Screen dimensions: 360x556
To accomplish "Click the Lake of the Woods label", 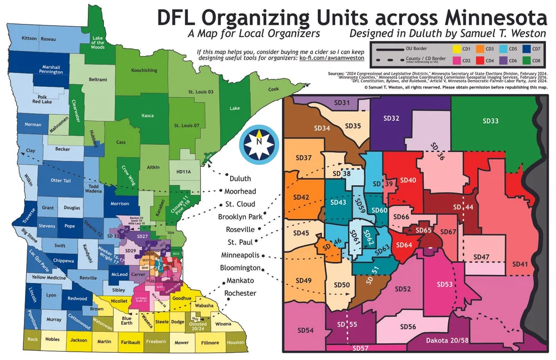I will (x=98, y=42).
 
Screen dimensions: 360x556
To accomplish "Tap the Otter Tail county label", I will (x=59, y=180).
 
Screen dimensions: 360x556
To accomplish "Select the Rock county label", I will (x=33, y=339).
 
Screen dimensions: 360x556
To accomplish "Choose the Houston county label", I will (x=235, y=342).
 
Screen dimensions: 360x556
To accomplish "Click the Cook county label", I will (x=274, y=89).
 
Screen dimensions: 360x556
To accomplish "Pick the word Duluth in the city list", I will (x=240, y=179).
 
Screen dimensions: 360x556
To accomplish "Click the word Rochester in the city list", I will (x=240, y=293).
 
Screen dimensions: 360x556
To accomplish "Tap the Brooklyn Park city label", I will (x=240, y=216).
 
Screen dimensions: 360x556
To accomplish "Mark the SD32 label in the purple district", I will (x=392, y=119).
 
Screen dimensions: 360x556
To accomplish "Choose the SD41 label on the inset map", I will (x=520, y=264).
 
